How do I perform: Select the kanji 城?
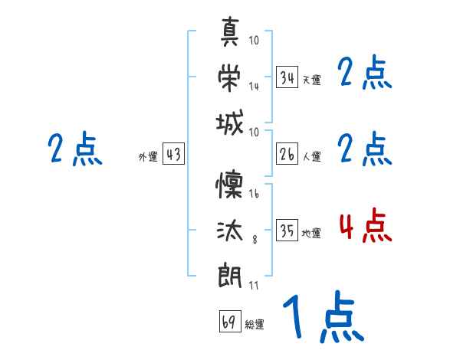[230, 123]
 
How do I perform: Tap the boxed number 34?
[287, 77]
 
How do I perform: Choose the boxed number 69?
[229, 322]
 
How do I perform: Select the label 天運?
[311, 80]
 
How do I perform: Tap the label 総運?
[254, 325]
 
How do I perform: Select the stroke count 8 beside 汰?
[255, 239]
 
